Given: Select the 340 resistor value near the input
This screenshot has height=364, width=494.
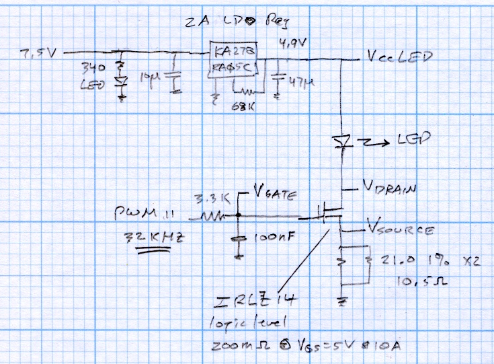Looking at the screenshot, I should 91,67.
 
